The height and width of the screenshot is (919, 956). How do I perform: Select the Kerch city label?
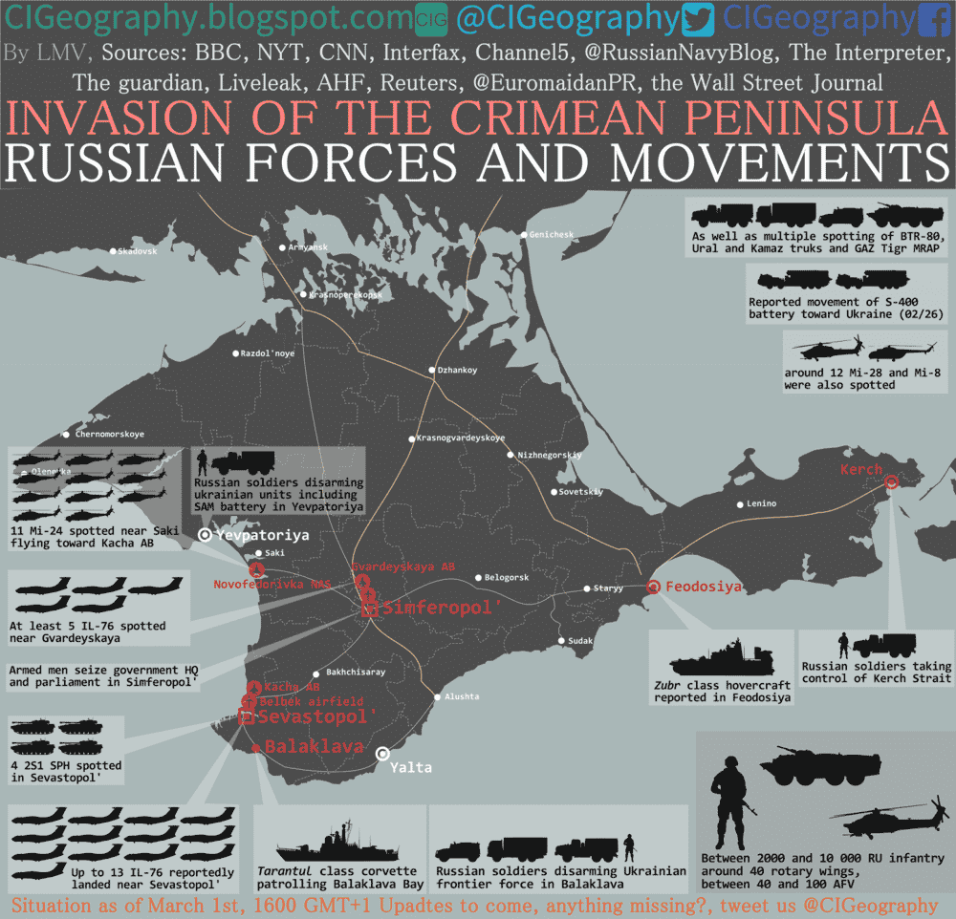click(861, 470)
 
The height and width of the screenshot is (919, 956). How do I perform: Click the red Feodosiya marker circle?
click(653, 588)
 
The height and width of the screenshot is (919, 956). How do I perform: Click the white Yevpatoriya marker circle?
click(205, 536)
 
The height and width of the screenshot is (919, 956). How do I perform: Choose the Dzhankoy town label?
click(456, 370)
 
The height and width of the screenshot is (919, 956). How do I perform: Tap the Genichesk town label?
click(552, 234)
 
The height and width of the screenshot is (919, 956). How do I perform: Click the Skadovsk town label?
click(136, 251)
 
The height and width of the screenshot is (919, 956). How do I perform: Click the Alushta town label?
click(462, 696)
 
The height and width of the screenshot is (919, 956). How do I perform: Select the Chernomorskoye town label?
click(109, 434)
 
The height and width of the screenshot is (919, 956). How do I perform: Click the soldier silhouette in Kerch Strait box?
click(843, 644)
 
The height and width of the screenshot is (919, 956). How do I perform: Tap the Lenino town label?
click(762, 503)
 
